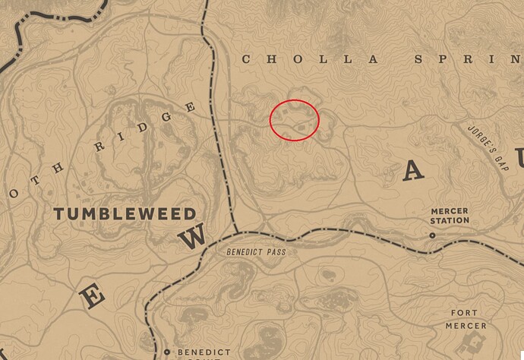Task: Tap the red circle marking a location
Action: (295, 120)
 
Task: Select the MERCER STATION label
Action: (450, 216)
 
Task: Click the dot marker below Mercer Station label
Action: (432, 236)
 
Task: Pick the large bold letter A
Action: (412, 171)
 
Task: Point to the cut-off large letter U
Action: (518, 159)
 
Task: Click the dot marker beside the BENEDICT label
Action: (167, 352)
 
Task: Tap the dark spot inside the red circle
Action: (303, 125)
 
